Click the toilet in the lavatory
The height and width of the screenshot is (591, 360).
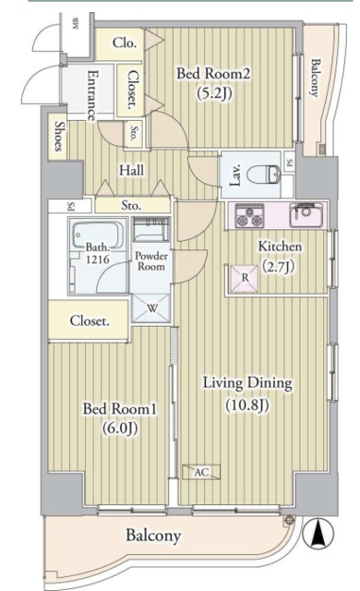[x=269, y=173]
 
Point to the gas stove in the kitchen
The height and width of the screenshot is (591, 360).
[x=249, y=217]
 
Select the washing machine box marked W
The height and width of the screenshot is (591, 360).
[x=150, y=309]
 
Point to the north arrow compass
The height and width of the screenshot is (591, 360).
[x=317, y=534]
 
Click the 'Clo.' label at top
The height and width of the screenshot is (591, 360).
[x=126, y=42]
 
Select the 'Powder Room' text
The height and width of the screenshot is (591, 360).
[x=150, y=259]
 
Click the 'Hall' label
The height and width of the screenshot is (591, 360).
[x=129, y=170]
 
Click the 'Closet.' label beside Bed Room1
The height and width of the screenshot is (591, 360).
[x=90, y=321]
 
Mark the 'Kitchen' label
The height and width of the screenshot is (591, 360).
[x=281, y=247]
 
